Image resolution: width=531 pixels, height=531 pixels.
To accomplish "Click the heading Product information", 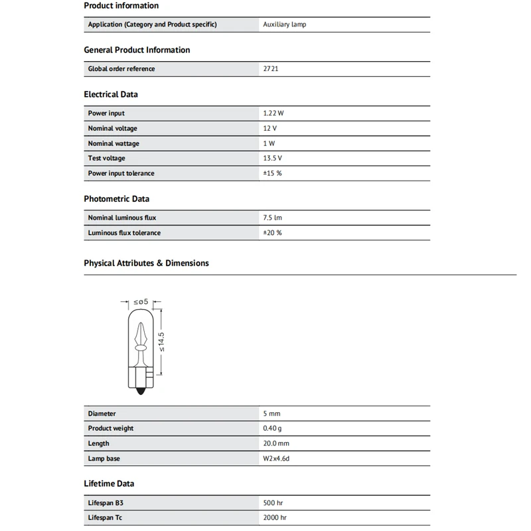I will pyautogui.click(x=121, y=5).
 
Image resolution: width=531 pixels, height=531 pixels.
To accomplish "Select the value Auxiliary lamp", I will pyautogui.click(x=285, y=25).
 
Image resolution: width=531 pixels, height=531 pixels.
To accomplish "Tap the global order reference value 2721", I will pyautogui.click(x=271, y=69).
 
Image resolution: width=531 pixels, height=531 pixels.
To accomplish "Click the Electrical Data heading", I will pyautogui.click(x=111, y=94).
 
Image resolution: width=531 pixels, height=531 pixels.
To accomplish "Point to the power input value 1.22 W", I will pyautogui.click(x=273, y=114).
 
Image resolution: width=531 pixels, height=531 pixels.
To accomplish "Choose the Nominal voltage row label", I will pyautogui.click(x=112, y=129).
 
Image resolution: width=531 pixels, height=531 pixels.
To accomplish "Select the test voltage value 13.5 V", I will pyautogui.click(x=273, y=159).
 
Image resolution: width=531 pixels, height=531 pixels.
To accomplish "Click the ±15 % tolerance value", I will pyautogui.click(x=273, y=173).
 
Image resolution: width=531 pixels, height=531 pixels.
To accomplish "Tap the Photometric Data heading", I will pyautogui.click(x=117, y=198).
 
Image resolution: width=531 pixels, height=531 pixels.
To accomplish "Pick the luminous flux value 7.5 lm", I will pyautogui.click(x=273, y=218).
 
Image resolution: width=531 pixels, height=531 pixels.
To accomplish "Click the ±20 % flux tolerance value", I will pyautogui.click(x=273, y=233).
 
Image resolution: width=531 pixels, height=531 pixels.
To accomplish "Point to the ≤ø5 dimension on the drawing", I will pyautogui.click(x=140, y=302).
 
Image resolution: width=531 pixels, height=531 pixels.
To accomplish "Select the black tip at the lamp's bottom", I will pyautogui.click(x=140, y=392).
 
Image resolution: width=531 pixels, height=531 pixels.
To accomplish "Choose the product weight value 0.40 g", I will pyautogui.click(x=273, y=429).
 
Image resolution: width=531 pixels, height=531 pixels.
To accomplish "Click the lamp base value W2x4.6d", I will pyautogui.click(x=277, y=459).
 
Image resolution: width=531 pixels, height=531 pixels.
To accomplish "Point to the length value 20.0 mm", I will pyautogui.click(x=276, y=443).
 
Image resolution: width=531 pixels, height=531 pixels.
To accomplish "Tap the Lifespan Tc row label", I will pyautogui.click(x=106, y=518).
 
